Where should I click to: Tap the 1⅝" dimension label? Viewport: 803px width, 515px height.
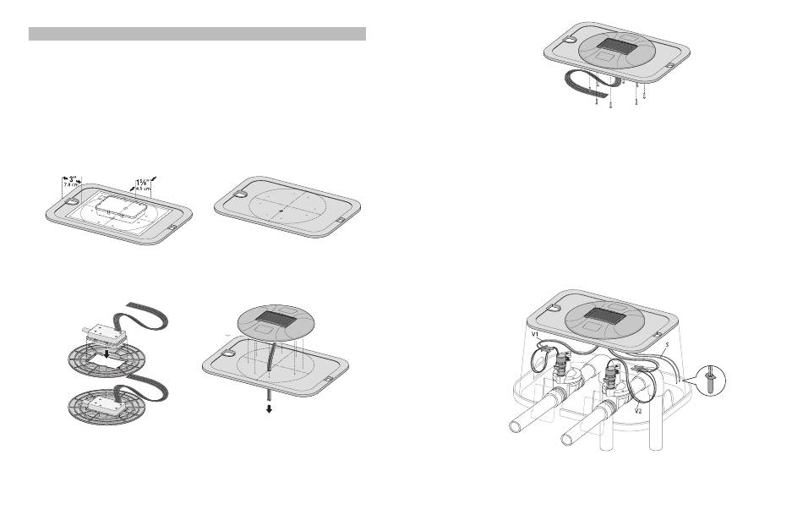(144, 179)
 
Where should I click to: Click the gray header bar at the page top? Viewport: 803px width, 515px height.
(197, 34)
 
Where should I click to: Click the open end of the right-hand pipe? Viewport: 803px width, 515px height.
(571, 439)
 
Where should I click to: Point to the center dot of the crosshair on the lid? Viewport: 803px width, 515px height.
(280, 207)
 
